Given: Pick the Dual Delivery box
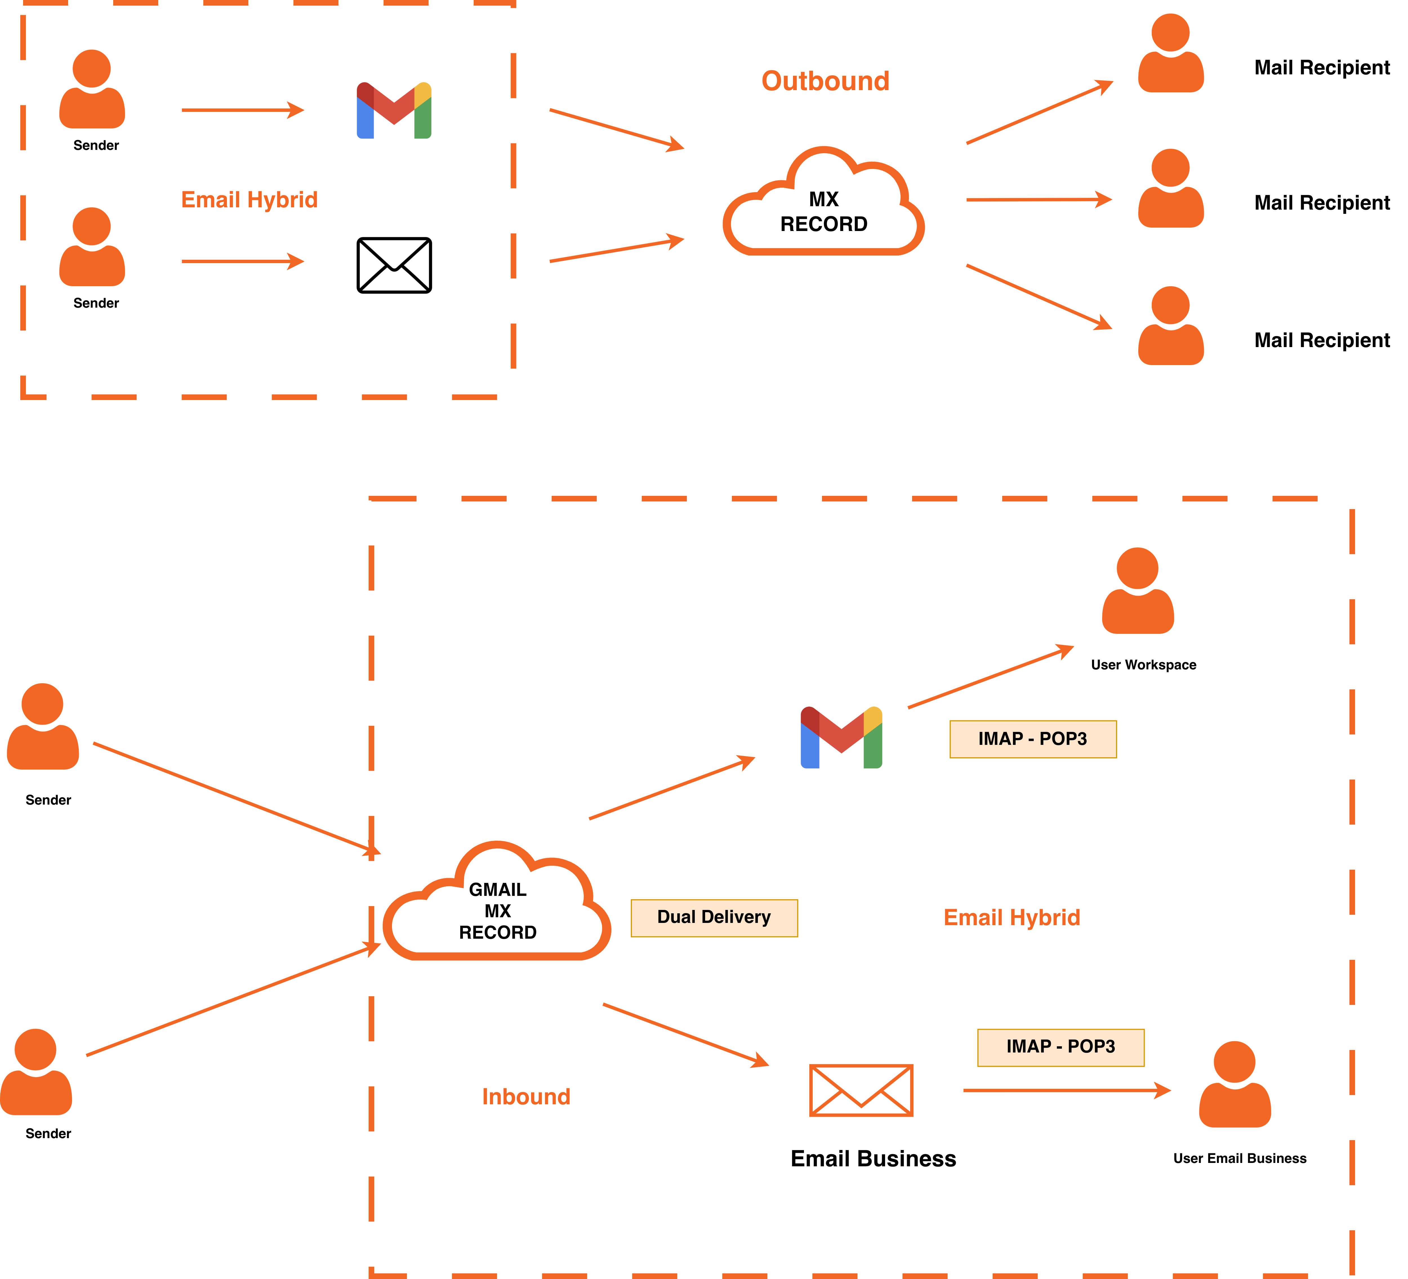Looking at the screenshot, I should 714,917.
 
